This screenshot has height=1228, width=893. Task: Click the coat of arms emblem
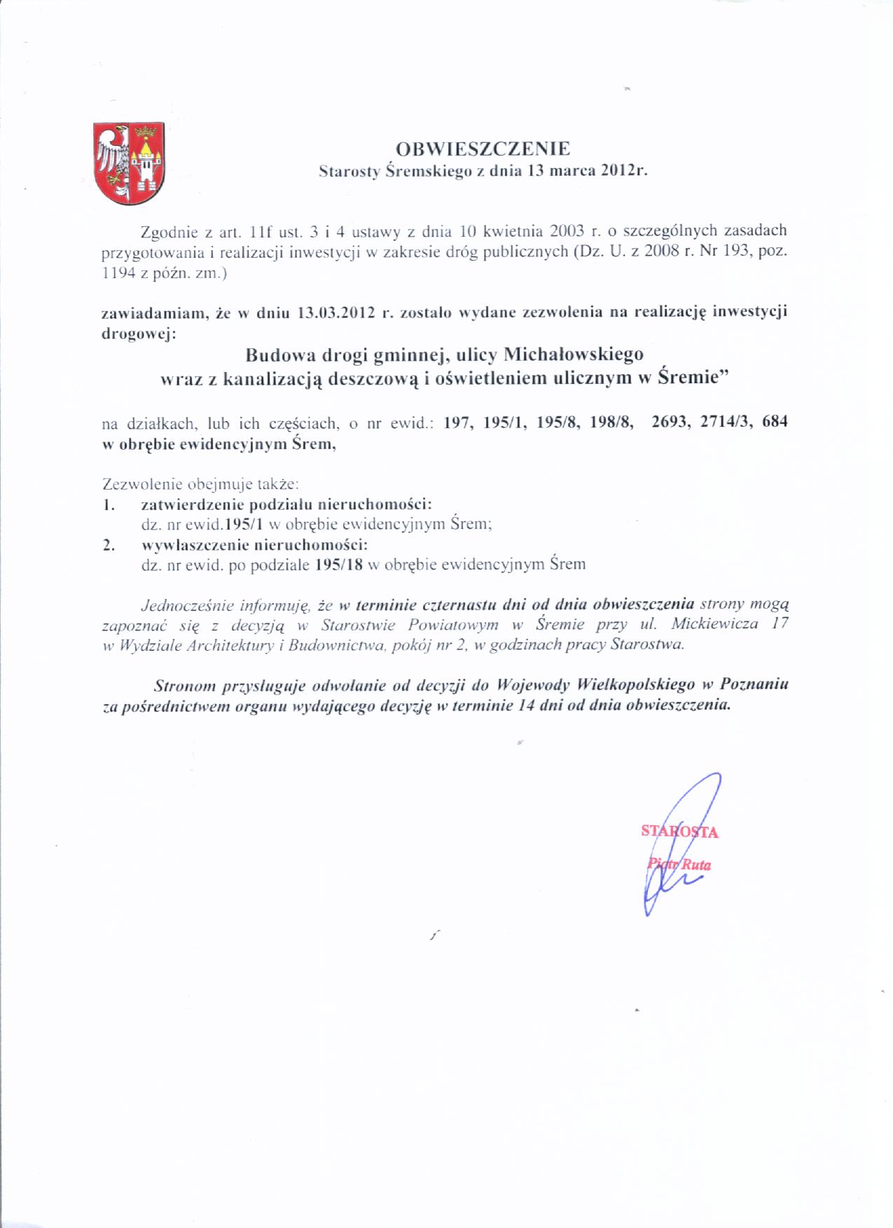click(x=130, y=163)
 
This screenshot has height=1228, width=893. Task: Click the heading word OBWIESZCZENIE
click(x=483, y=149)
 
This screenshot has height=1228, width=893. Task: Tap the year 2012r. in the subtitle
click(x=624, y=171)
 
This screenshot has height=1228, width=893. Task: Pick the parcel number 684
click(x=775, y=422)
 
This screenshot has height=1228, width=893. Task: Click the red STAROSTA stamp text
click(x=679, y=832)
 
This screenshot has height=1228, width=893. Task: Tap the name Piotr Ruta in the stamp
click(x=679, y=864)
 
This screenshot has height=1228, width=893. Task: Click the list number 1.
click(x=108, y=504)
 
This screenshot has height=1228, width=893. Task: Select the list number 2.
click(x=108, y=545)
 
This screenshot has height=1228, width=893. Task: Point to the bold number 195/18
click(x=339, y=565)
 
